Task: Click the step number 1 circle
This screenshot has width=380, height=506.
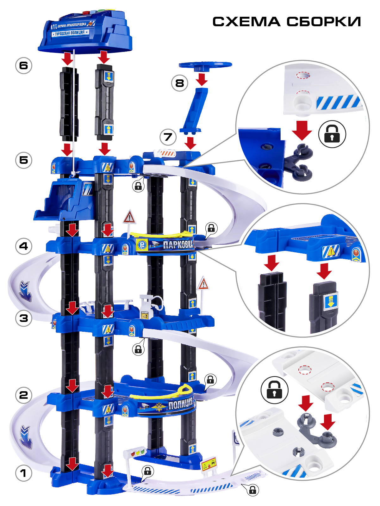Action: (x=24, y=473)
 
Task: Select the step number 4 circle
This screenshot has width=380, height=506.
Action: (x=24, y=246)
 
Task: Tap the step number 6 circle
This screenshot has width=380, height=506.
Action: (x=24, y=65)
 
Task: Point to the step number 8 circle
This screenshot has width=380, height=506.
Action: (x=179, y=83)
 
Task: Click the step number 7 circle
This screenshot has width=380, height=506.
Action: (x=168, y=137)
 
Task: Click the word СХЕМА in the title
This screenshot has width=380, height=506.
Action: (x=246, y=22)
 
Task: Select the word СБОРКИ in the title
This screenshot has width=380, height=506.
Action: (x=324, y=22)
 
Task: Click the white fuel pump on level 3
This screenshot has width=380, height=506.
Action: (x=146, y=306)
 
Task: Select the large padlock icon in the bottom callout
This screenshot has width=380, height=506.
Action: (x=274, y=390)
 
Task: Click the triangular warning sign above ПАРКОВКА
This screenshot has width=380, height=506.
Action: (x=129, y=218)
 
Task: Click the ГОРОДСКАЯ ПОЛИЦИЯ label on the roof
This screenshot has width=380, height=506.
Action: (x=70, y=33)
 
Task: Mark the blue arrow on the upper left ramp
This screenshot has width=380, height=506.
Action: (x=26, y=291)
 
